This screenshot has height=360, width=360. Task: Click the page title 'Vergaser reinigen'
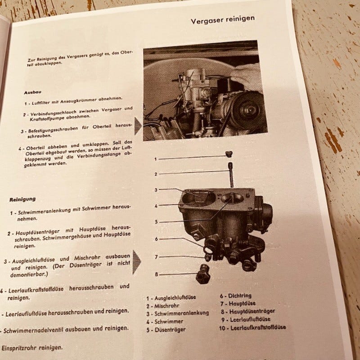223,20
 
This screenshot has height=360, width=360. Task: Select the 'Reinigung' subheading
22,199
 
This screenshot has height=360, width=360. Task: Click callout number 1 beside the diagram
156,159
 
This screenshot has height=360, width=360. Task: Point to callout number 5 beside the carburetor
156,222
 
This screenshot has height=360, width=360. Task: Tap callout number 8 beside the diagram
156,274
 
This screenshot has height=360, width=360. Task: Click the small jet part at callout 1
229,154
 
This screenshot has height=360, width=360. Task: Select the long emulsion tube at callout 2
231,175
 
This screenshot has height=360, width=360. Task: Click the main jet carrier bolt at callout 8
203,274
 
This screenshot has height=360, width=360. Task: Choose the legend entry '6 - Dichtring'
235,296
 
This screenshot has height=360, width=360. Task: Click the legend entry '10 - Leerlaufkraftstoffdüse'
252,328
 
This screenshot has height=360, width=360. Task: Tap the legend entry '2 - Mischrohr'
162,306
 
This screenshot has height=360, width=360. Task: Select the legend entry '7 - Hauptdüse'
238,303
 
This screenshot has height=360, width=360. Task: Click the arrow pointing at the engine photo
138,126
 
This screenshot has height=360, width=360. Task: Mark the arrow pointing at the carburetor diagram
137,262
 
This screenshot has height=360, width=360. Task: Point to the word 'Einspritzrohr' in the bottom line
18,348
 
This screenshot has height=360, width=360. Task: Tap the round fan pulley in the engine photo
247,111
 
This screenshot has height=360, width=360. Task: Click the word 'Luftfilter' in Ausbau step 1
40,103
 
